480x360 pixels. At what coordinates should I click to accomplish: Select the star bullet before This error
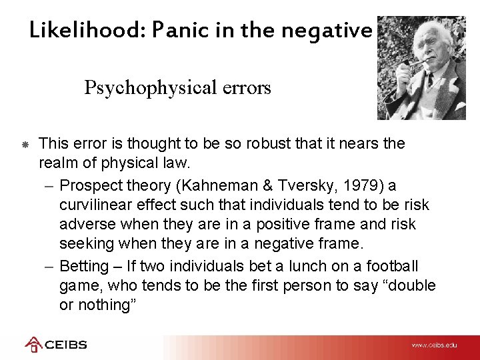click(x=24, y=144)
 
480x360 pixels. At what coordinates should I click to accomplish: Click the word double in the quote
click(x=409, y=286)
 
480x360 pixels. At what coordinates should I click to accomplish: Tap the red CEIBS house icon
click(x=33, y=345)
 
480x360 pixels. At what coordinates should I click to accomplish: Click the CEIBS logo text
click(x=65, y=345)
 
